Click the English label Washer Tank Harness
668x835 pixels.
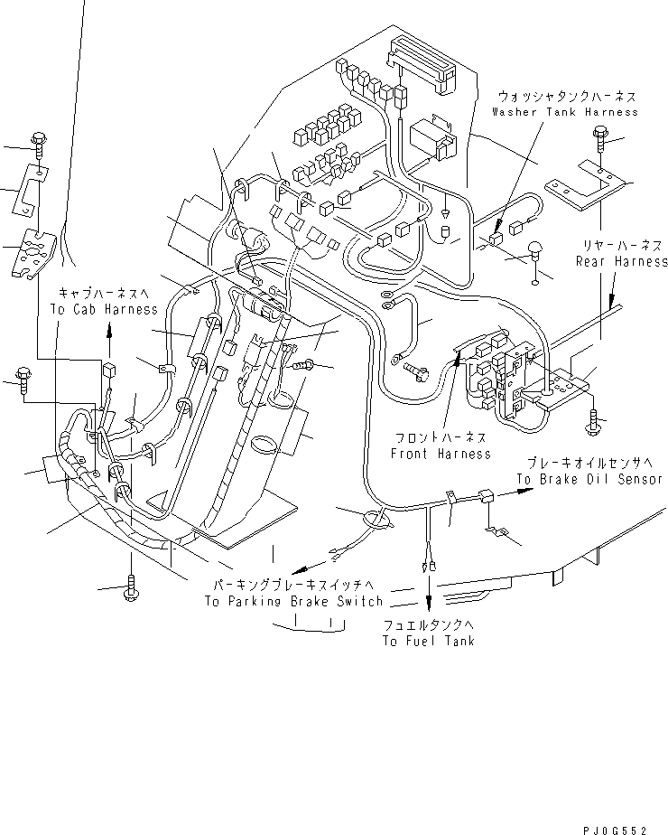565,111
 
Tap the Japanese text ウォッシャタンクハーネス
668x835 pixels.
565,95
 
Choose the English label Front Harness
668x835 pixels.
441,454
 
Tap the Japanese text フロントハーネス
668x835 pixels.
441,437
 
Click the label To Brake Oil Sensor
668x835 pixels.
589,479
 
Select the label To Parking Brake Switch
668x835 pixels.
293,601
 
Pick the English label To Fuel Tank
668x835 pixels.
428,641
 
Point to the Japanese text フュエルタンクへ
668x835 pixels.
428,624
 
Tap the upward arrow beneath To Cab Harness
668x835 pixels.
109,333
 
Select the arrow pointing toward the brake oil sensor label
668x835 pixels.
519,493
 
